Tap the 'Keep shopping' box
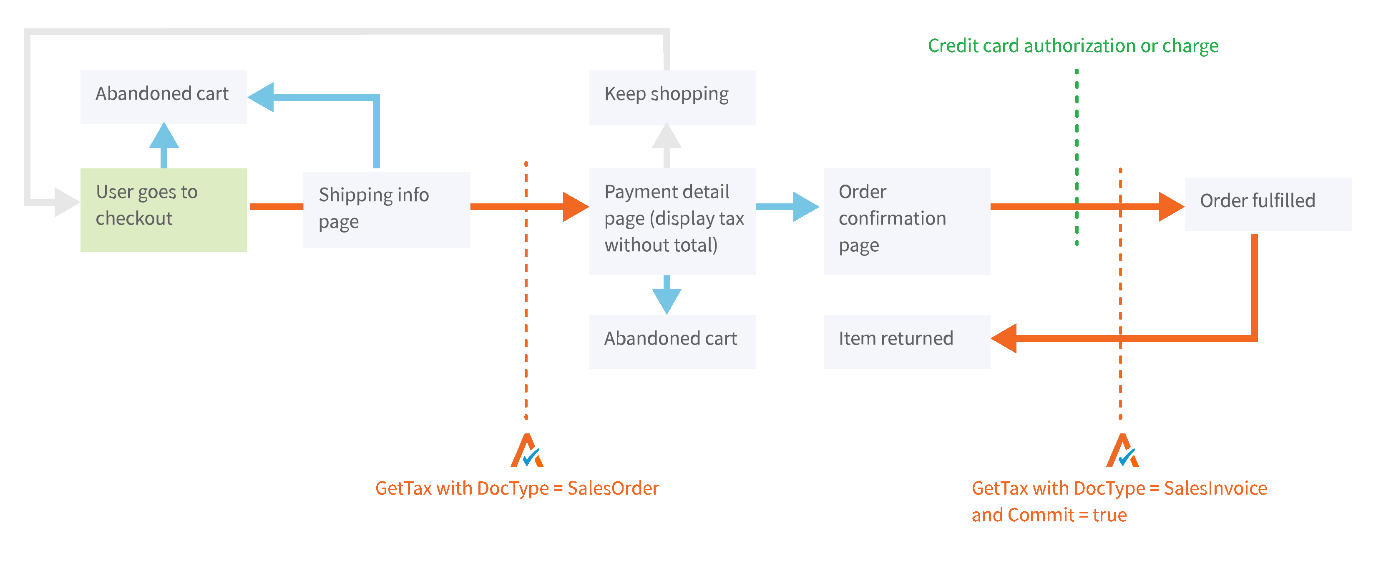click(x=672, y=98)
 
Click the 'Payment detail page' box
click(x=672, y=221)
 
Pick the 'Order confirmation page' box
click(x=906, y=221)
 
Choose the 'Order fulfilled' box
click(x=1268, y=204)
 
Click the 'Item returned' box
click(x=906, y=341)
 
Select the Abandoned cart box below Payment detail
click(x=672, y=341)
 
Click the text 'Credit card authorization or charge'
click(x=1073, y=46)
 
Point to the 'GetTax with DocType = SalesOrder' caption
click(x=517, y=488)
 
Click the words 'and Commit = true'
click(x=1049, y=515)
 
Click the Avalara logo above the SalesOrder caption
click(x=527, y=451)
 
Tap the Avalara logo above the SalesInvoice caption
click(x=1122, y=451)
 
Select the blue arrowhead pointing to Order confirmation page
click(x=805, y=207)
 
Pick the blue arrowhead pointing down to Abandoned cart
click(x=667, y=301)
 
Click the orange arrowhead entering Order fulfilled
click(x=1171, y=207)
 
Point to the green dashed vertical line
click(x=1077, y=155)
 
